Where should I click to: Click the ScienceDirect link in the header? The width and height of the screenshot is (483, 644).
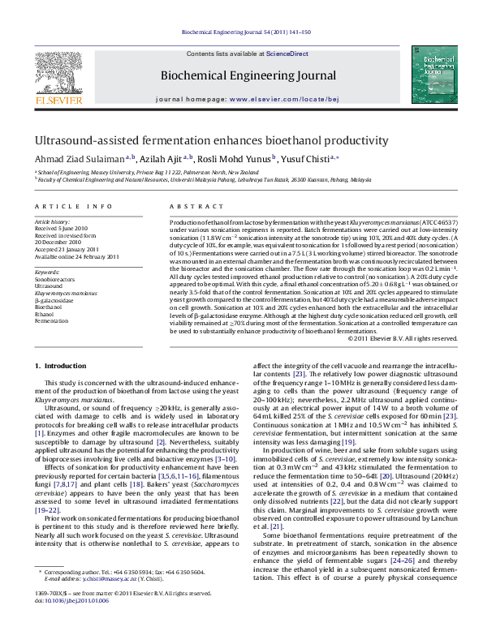288,54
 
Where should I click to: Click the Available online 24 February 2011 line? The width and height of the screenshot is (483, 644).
76,256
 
